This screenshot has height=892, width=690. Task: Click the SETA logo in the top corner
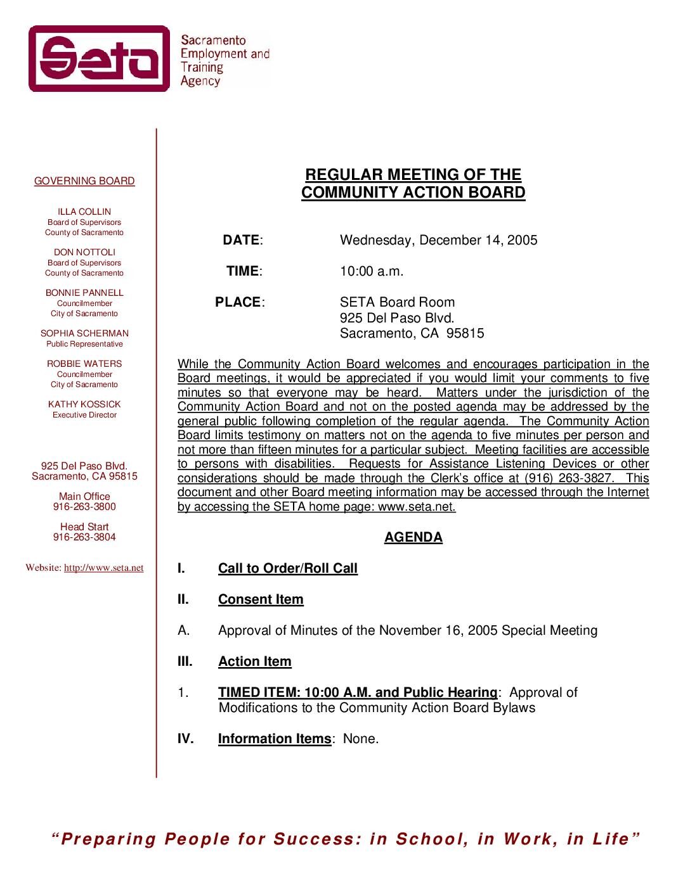tap(100, 58)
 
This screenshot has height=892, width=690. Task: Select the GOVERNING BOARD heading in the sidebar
tap(84, 181)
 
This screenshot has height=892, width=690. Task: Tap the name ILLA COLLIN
tap(84, 212)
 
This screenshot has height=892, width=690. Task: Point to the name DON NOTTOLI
tap(84, 252)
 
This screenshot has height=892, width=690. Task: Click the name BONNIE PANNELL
tap(84, 293)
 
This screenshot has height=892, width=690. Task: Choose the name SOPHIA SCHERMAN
tap(84, 333)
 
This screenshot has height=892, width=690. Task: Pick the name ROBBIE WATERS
tap(84, 364)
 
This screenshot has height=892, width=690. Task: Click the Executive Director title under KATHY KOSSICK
tap(84, 415)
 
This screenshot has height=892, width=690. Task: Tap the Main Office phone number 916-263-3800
tap(84, 507)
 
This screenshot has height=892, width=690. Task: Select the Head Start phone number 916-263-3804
tap(84, 537)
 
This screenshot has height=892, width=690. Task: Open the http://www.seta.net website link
tap(103, 568)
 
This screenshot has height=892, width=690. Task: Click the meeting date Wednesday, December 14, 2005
tap(438, 240)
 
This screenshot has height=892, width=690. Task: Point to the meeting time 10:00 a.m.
tap(372, 271)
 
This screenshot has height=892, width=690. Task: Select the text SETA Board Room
tap(397, 302)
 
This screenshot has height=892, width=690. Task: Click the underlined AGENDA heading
tap(413, 537)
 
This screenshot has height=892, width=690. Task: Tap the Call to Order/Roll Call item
tap(288, 568)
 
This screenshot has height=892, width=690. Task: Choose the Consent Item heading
tap(261, 599)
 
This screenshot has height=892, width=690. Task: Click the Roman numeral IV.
tap(185, 739)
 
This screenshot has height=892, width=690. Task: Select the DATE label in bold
tap(241, 240)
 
